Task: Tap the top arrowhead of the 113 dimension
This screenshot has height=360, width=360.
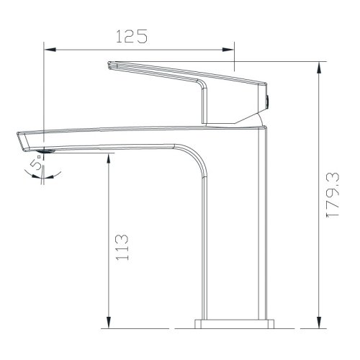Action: (x=108, y=157)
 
